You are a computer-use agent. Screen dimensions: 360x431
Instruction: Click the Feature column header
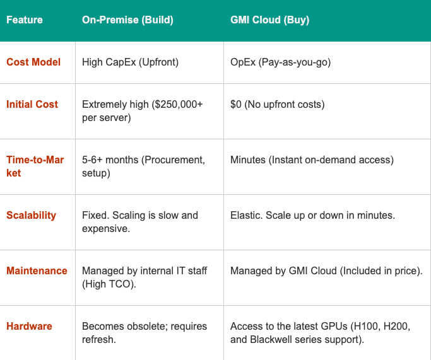[25, 20]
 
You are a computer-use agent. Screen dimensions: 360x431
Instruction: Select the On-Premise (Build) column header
[127, 20]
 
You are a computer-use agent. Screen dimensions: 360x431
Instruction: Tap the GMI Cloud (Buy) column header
[269, 20]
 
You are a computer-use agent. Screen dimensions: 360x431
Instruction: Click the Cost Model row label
[33, 62]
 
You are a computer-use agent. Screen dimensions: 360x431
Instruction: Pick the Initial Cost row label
[32, 105]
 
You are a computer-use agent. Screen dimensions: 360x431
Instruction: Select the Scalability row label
[31, 216]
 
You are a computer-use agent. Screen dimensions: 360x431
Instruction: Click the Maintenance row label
[37, 271]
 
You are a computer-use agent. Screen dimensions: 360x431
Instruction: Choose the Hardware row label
[29, 327]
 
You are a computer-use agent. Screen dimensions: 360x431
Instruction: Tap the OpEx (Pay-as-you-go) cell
[280, 62]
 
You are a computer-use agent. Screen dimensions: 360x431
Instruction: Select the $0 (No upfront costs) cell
[277, 105]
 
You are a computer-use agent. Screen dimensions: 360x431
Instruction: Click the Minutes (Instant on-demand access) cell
[312, 160]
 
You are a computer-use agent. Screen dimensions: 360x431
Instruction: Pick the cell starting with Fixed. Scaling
[140, 221]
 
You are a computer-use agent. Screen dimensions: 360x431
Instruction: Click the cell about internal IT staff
[145, 277]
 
